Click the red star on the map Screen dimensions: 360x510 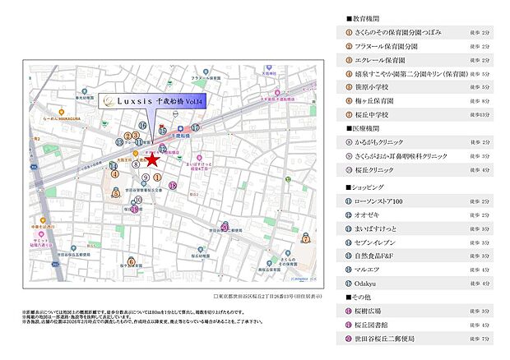point(151,161)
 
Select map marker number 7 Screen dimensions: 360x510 point(306,239)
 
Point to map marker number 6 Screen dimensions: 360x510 point(131,263)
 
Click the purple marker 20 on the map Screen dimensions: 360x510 point(225,228)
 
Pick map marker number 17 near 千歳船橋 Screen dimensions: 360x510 point(196,127)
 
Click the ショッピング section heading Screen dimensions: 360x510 point(362,188)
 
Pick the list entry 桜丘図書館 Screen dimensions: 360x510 point(373,325)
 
